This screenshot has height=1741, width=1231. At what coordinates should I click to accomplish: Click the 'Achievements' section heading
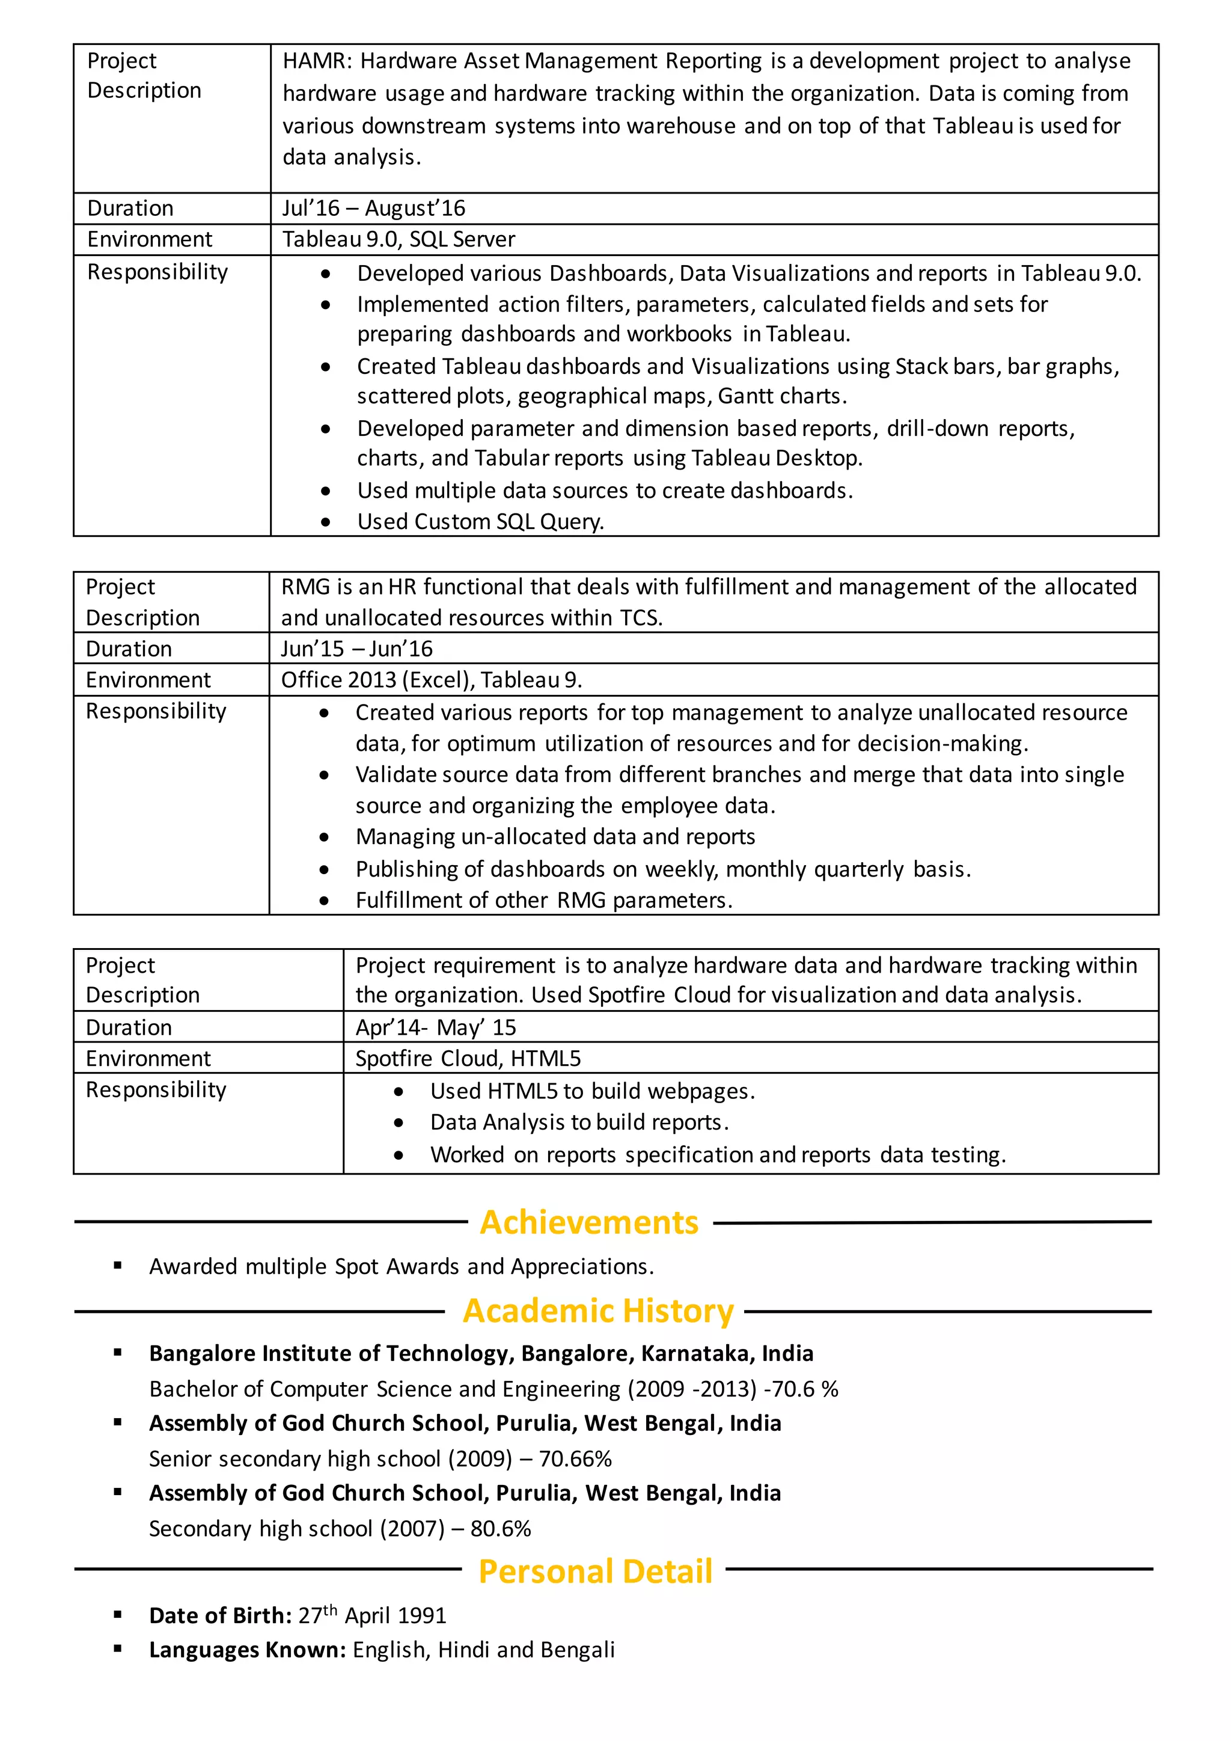tap(589, 1222)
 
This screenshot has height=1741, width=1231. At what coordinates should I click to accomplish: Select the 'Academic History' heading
tap(598, 1311)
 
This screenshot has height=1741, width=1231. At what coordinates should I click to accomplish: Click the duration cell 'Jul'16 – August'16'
tap(374, 209)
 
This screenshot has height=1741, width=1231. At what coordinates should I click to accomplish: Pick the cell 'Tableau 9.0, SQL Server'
tap(399, 240)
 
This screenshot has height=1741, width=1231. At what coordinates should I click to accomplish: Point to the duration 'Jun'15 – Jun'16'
tap(356, 649)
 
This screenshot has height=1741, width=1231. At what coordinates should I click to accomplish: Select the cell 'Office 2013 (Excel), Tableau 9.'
tap(432, 680)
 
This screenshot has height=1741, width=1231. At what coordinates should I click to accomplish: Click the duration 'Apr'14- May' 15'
tap(436, 1027)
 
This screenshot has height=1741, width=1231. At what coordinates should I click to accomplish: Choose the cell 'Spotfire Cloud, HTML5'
tap(468, 1059)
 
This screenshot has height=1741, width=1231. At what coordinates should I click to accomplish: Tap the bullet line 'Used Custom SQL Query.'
tap(481, 522)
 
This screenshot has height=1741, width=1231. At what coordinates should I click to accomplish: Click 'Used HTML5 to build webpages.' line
tap(592, 1091)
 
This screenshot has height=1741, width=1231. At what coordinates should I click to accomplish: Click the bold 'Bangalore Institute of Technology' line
tap(481, 1353)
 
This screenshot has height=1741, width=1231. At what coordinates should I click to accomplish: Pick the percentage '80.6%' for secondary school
tap(500, 1529)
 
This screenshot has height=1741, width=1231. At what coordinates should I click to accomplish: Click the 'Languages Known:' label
tap(247, 1650)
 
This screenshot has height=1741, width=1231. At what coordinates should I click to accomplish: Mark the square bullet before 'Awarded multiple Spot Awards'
tap(117, 1265)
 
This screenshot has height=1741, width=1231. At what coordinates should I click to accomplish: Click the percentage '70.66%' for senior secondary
tap(575, 1459)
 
